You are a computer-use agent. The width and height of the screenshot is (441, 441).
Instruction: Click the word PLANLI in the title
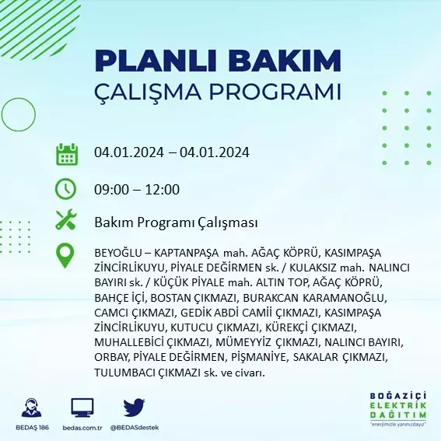coord(156,61)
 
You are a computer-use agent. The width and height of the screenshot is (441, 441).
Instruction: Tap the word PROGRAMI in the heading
coord(275,91)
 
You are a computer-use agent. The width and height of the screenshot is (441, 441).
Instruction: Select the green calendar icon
coord(67,154)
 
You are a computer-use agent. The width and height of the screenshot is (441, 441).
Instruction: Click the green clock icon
coord(65,189)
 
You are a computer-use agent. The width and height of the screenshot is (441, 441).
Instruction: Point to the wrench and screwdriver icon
coord(66,219)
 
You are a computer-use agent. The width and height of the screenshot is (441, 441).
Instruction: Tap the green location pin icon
coord(65,255)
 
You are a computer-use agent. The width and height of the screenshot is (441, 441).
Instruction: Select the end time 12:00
coord(163,189)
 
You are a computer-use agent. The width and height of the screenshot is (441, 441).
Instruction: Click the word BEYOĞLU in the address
coord(118,253)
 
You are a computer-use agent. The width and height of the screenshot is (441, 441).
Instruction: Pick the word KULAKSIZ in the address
coord(313,268)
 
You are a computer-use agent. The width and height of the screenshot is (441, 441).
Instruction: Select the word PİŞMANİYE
coord(259,358)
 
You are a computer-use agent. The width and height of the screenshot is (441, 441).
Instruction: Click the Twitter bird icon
coord(134,408)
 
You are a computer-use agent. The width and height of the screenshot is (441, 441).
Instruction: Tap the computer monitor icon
coord(82,408)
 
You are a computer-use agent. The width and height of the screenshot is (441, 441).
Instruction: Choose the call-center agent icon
coord(31,408)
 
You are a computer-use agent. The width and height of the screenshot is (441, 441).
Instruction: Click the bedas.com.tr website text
coord(82,428)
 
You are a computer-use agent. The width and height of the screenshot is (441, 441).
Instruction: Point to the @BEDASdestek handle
coord(135,428)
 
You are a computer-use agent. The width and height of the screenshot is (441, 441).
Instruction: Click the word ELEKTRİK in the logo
coord(397,405)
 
